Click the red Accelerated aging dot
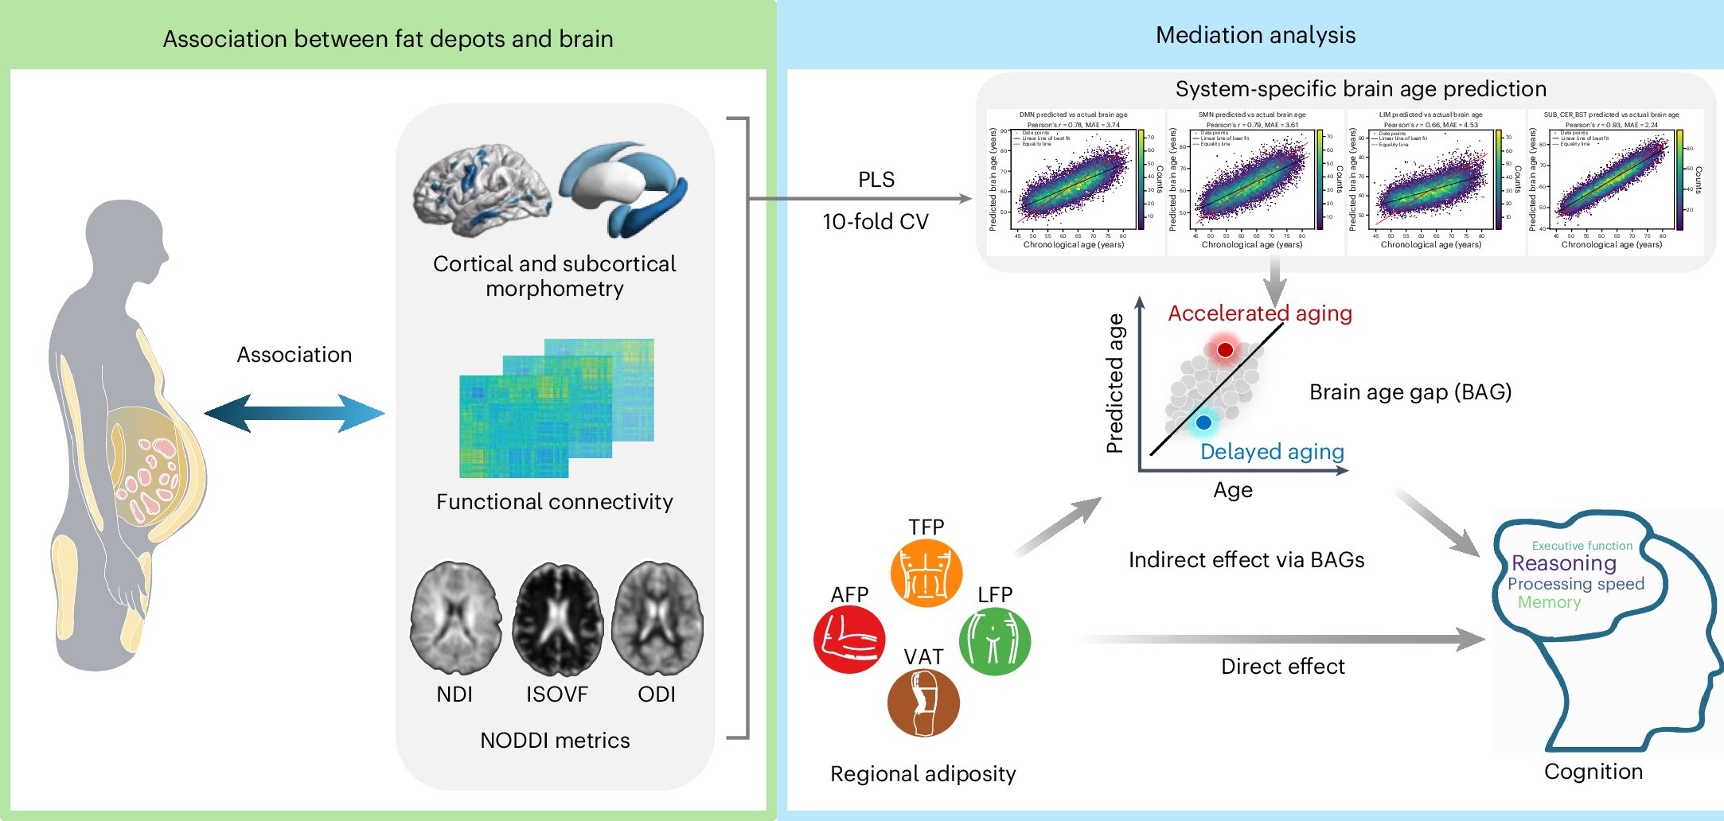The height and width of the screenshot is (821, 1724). [x=1225, y=349]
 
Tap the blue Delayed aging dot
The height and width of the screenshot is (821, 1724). [x=1203, y=422]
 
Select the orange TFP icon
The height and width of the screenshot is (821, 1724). [x=926, y=573]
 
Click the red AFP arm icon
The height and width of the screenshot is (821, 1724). [x=849, y=640]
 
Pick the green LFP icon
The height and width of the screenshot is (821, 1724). [x=994, y=641]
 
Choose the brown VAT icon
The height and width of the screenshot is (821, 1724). [x=923, y=703]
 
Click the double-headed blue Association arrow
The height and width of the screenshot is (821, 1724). [x=294, y=413]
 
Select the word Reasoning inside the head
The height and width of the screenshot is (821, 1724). [x=1564, y=563]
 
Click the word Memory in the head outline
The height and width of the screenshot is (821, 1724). [x=1549, y=602]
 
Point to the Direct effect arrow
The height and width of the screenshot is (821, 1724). [x=1281, y=639]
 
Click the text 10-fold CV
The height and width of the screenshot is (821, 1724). [x=876, y=222]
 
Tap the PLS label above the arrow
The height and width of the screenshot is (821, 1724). [x=876, y=180]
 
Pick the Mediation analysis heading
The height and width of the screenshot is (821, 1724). [x=1255, y=35]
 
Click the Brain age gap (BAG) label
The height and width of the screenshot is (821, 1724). [x=1410, y=392]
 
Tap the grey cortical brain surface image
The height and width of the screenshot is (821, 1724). [x=482, y=189]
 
